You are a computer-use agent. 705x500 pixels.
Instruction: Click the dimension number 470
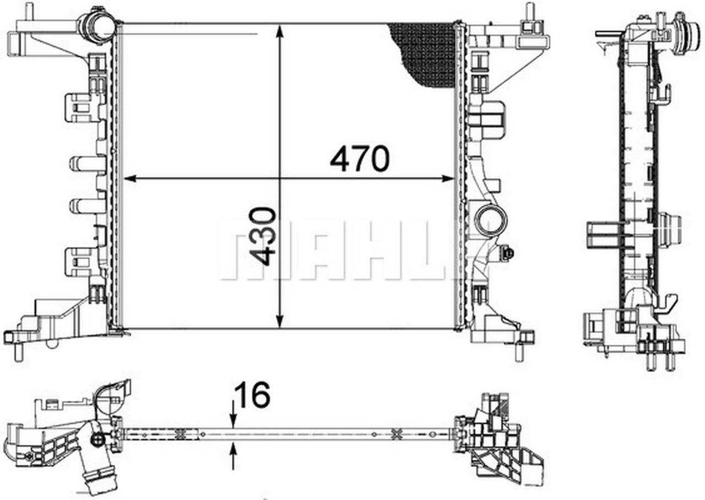tap(359, 159)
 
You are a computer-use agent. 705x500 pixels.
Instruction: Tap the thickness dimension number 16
tap(252, 395)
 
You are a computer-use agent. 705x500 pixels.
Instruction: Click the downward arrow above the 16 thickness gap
tap(234, 422)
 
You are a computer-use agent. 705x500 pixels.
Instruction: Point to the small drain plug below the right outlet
tap(507, 253)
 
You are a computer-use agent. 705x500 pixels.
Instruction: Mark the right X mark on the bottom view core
tap(394, 434)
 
